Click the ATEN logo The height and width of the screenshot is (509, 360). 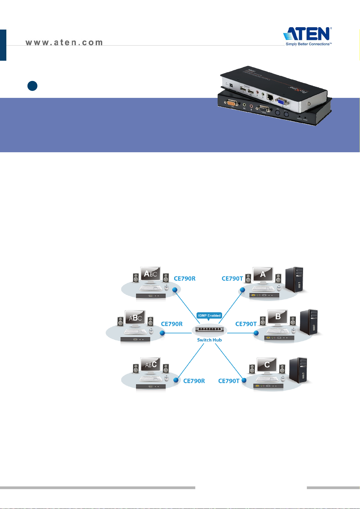tap(307, 34)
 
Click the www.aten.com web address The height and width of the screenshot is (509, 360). tap(64, 43)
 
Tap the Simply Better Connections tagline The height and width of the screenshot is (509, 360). tap(309, 44)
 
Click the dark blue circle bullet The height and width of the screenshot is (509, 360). tap(32, 86)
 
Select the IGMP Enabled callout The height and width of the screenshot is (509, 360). tap(209, 316)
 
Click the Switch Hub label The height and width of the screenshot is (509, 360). tap(209, 340)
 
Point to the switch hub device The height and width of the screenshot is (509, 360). tap(209, 329)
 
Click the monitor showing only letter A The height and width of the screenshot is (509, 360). tap(263, 275)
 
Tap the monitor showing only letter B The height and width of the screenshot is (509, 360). tap(277, 317)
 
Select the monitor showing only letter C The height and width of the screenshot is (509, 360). tap(267, 365)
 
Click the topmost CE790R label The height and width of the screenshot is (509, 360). tap(185, 279)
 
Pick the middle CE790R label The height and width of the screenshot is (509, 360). tap(172, 324)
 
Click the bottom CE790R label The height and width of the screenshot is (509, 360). tap(194, 381)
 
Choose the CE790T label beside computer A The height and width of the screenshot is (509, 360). tap(232, 279)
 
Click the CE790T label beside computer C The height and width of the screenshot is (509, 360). tap(229, 381)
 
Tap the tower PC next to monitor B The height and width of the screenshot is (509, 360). tap(309, 323)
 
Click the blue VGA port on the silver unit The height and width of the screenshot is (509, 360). tap(281, 102)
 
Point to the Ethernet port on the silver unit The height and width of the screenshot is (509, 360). tap(271, 97)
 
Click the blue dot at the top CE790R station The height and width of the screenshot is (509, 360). tap(175, 290)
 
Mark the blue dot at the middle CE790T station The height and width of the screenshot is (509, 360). tap(256, 333)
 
